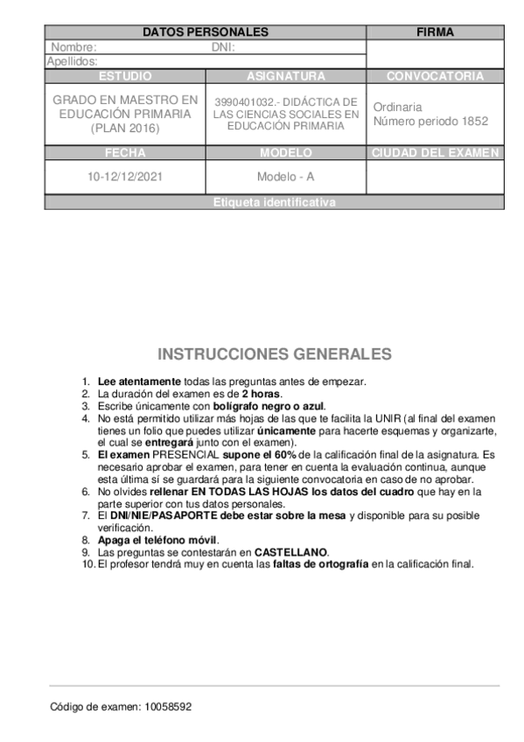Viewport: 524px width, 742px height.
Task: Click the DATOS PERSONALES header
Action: pyautogui.click(x=205, y=32)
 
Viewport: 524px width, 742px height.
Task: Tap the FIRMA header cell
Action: pyautogui.click(x=435, y=32)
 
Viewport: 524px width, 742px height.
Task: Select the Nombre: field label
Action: pyautogui.click(x=73, y=47)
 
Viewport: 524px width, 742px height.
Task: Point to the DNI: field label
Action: pyautogui.click(x=224, y=47)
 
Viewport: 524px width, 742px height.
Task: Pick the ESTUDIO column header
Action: pyautogui.click(x=125, y=76)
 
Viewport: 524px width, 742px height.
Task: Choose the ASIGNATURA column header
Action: pyautogui.click(x=286, y=76)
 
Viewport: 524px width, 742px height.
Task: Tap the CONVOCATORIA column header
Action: pyautogui.click(x=435, y=76)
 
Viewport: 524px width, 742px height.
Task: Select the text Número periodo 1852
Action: pyautogui.click(x=430, y=122)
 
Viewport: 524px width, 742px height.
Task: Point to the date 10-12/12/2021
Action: pyautogui.click(x=125, y=176)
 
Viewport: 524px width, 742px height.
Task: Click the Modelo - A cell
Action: pyautogui.click(x=286, y=176)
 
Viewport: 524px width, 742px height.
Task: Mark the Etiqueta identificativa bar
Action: pyautogui.click(x=274, y=202)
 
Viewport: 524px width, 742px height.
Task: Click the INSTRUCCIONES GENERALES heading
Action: pyautogui.click(x=275, y=354)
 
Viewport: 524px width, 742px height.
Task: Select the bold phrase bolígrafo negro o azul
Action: pyautogui.click(x=273, y=406)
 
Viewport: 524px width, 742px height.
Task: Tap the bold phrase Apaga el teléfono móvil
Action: pyautogui.click(x=157, y=541)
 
